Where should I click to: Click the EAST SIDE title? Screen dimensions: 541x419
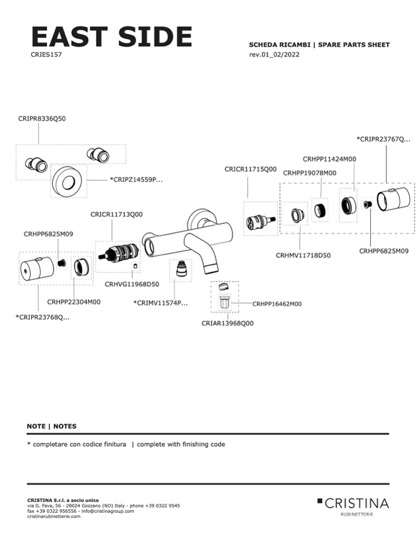(x=111, y=37)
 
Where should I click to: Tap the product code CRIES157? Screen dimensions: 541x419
(x=46, y=54)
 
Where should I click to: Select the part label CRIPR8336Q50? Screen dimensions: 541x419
(x=42, y=119)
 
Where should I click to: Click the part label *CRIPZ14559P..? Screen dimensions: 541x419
(x=136, y=180)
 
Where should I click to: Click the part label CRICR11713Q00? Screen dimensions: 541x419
(x=117, y=214)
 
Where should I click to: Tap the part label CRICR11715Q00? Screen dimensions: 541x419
(x=251, y=170)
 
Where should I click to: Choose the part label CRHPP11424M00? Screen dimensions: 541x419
(x=329, y=159)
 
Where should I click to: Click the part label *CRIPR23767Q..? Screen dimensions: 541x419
(x=384, y=139)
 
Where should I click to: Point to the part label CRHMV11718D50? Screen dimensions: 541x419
(x=304, y=255)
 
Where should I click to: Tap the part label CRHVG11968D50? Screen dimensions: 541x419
(x=132, y=284)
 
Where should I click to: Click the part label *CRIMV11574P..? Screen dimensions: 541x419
(x=161, y=303)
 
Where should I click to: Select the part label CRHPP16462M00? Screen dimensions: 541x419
(x=277, y=304)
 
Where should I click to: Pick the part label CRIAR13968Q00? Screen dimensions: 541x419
(x=227, y=323)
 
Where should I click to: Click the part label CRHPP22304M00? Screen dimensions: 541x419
(x=74, y=302)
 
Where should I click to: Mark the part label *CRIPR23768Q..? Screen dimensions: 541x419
(x=43, y=317)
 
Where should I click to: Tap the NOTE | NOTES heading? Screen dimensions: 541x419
(x=52, y=426)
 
